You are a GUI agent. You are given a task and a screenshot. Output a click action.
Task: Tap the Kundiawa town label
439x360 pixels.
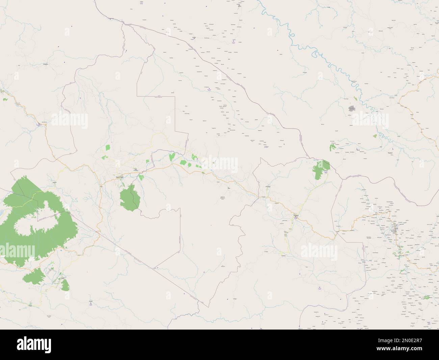click(x=296, y=215)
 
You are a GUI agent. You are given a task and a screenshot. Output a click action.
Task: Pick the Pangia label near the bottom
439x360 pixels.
click(x=90, y=299)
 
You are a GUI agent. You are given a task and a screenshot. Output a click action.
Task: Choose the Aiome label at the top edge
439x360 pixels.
click(x=240, y=6)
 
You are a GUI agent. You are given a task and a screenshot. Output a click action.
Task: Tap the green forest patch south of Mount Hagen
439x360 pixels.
click(x=130, y=199)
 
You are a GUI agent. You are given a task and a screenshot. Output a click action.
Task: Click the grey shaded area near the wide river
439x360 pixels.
click(x=352, y=109)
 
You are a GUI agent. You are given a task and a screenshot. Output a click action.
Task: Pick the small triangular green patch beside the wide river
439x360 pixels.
click(x=374, y=136)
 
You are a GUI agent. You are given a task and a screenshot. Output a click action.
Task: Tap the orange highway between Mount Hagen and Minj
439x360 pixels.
click(x=169, y=166)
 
